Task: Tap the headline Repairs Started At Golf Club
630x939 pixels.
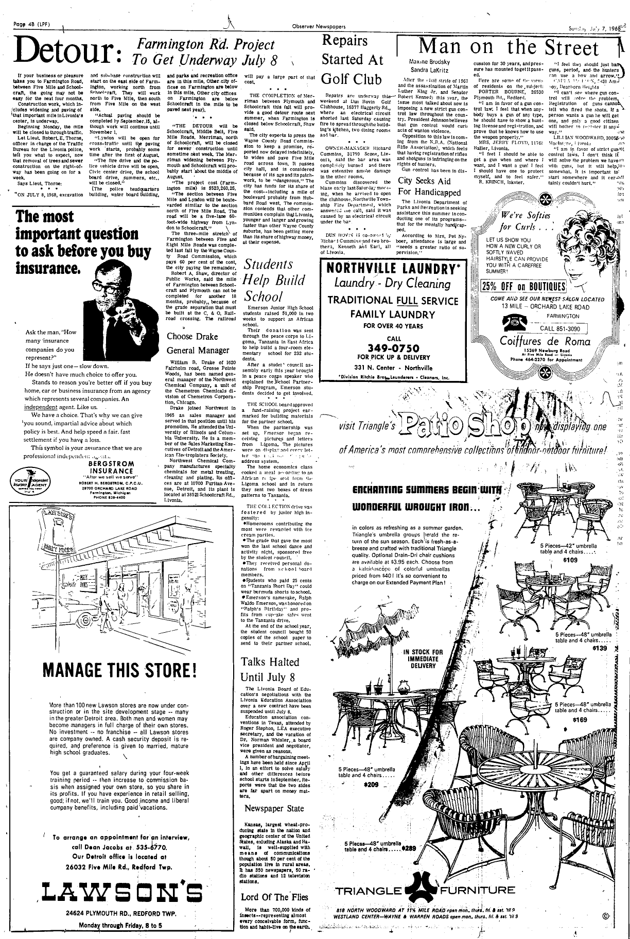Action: (352, 60)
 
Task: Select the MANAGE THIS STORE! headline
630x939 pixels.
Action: (120, 670)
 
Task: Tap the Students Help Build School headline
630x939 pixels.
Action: (268, 280)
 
